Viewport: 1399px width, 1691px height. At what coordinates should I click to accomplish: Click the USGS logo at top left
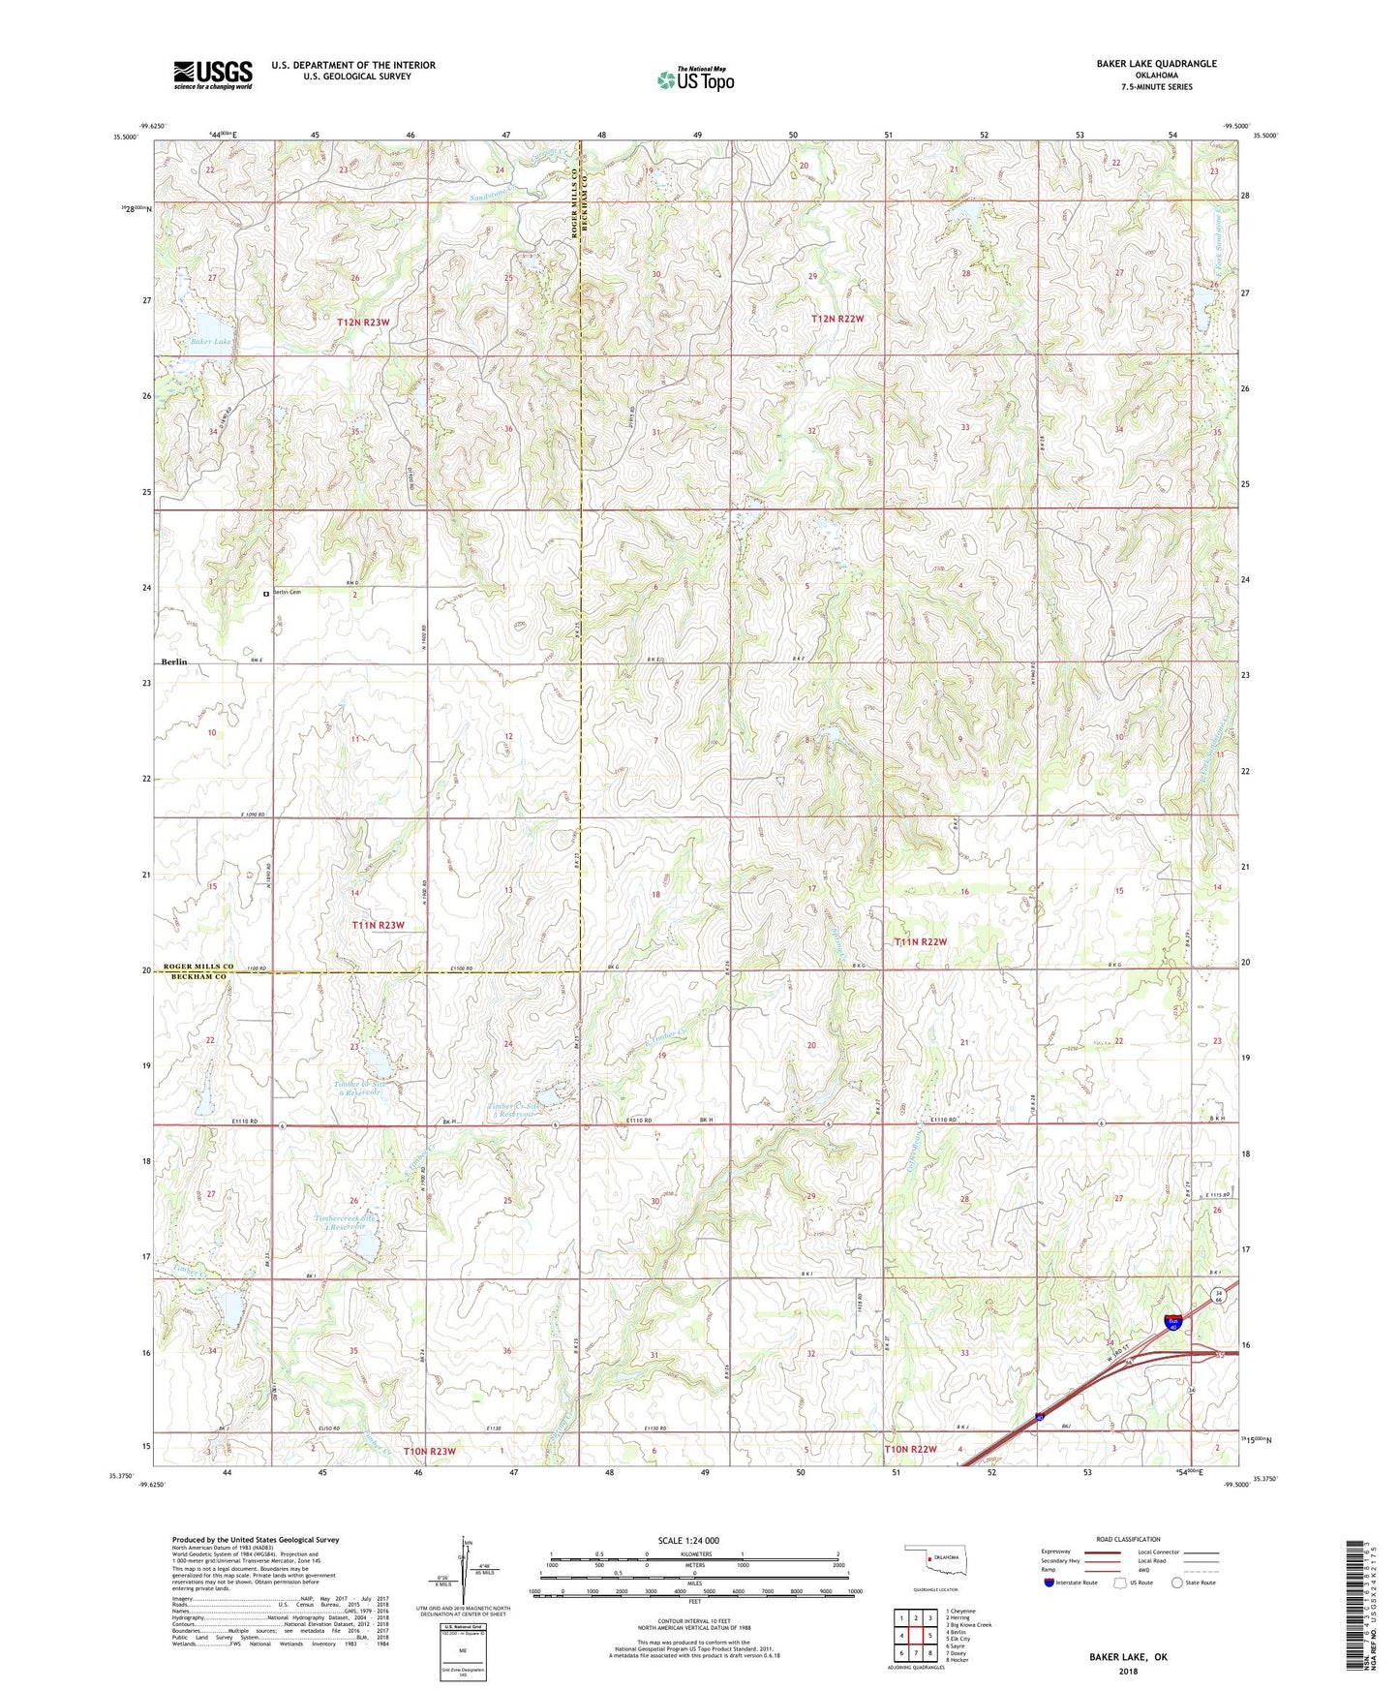point(213,75)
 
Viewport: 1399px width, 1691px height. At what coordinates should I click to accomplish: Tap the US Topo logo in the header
point(694,79)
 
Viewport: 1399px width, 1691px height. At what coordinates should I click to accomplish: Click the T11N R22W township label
point(919,941)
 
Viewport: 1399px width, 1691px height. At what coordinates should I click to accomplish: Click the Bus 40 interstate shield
point(1173,1322)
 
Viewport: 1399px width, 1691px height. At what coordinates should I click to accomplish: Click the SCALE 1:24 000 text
point(688,1540)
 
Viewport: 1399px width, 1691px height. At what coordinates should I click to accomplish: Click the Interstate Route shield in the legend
point(1049,1583)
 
